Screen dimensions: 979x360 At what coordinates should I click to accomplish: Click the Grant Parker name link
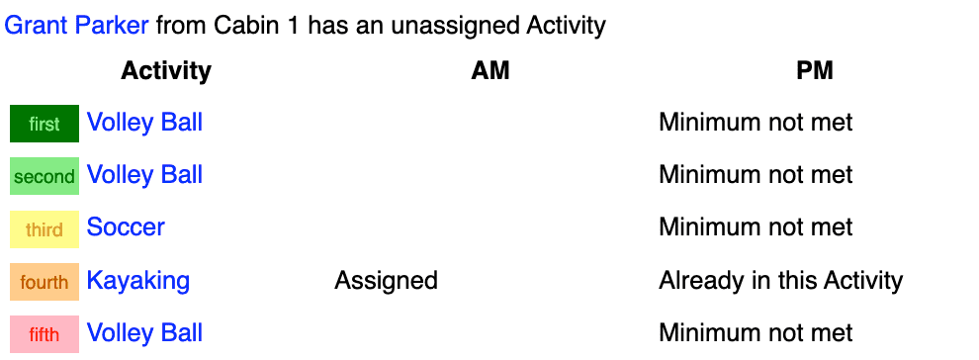tap(77, 26)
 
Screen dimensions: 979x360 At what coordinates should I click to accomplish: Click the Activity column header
tap(166, 71)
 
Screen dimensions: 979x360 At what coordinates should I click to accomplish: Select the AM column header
tap(490, 71)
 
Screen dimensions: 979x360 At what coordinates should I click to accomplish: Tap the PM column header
tap(815, 71)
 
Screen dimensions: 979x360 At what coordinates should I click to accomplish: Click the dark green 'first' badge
tap(44, 124)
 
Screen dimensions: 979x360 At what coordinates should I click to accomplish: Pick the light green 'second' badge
tap(44, 176)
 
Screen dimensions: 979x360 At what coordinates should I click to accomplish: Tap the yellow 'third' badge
tap(44, 229)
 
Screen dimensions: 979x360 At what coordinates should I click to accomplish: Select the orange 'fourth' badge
tap(44, 282)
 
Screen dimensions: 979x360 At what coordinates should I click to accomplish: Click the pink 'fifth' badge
tap(44, 334)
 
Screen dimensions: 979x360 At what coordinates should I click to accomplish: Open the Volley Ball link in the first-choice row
tap(144, 123)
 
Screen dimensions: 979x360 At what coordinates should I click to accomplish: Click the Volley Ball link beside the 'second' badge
tap(144, 175)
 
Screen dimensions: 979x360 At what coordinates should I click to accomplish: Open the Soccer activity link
tap(126, 227)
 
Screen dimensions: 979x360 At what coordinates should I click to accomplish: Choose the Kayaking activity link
tap(138, 281)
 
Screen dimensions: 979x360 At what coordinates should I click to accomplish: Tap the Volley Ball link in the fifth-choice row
tap(144, 333)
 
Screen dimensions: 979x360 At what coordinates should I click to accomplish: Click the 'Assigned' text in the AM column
tap(386, 281)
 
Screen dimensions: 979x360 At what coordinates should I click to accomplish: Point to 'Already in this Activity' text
tap(780, 281)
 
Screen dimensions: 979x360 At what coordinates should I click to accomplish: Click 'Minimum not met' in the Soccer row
tap(756, 227)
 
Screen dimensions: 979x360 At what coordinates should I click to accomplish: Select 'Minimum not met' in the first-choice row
tap(756, 123)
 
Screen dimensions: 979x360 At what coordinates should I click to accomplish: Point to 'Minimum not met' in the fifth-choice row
tap(756, 333)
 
